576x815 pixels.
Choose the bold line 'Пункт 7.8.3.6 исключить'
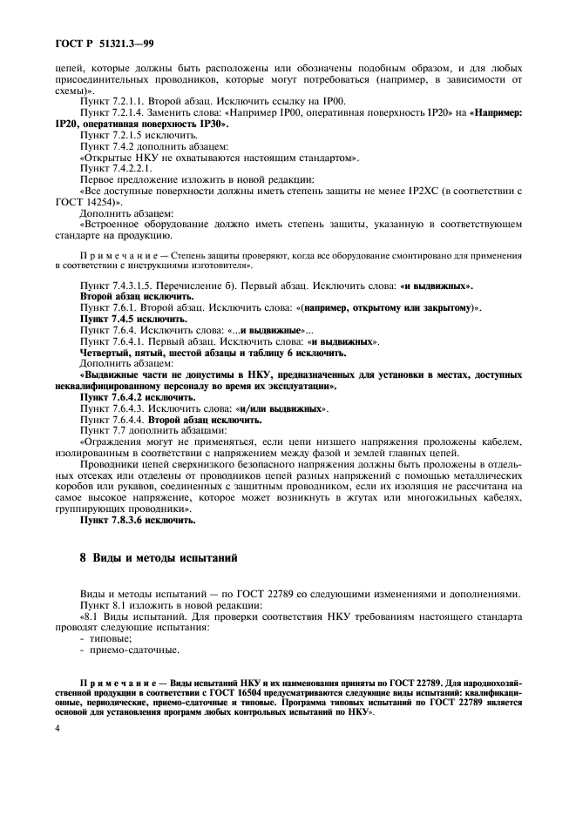(x=137, y=521)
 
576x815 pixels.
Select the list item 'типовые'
(x=105, y=637)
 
